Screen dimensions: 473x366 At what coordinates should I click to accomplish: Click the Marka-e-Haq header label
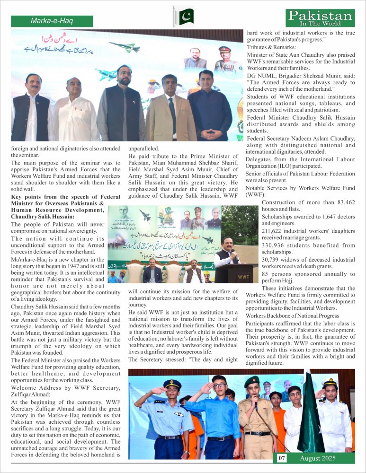[x=52, y=21]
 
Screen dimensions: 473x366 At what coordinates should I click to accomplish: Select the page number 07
[x=282, y=458]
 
